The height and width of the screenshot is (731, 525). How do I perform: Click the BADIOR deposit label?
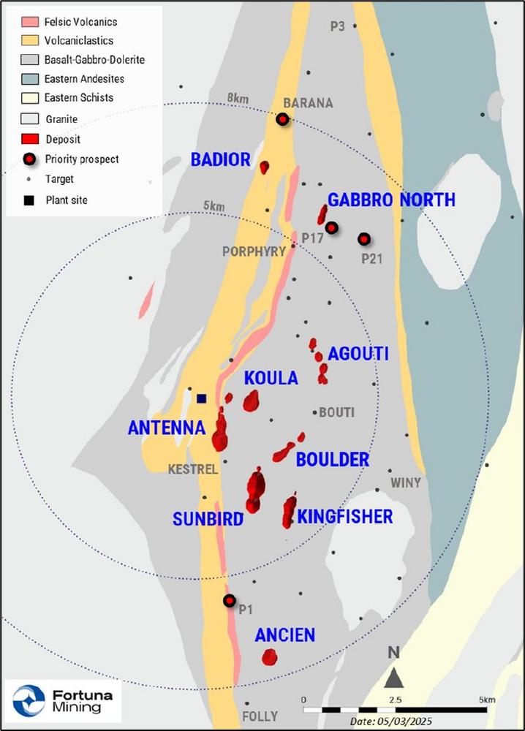click(x=220, y=159)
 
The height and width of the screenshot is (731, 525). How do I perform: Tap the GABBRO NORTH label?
click(x=391, y=200)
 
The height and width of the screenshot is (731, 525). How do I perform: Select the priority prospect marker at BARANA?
click(x=282, y=120)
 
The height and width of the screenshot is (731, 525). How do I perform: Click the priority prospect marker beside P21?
click(x=363, y=239)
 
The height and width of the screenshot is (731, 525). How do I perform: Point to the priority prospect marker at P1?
click(x=229, y=601)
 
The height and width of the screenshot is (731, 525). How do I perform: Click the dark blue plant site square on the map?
click(x=202, y=398)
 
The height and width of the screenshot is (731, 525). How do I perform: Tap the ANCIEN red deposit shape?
click(x=270, y=657)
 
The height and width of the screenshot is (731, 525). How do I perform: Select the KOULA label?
click(x=271, y=378)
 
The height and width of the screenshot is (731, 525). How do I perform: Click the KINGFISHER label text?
click(x=345, y=517)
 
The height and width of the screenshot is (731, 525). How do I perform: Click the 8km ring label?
click(x=238, y=98)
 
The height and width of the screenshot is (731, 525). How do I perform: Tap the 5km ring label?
click(x=214, y=207)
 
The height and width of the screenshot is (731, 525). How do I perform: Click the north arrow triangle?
click(x=394, y=678)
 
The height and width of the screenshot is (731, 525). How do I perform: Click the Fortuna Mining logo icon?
click(x=29, y=700)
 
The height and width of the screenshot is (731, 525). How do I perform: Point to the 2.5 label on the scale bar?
click(x=394, y=700)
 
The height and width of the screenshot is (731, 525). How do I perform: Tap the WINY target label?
click(x=405, y=482)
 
